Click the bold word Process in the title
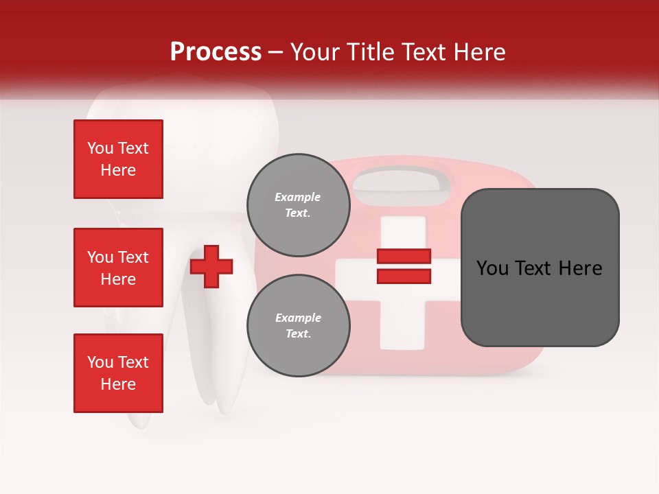click(216, 52)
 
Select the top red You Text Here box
click(118, 159)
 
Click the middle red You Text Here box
click(118, 268)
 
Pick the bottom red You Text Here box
click(118, 373)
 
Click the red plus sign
click(211, 266)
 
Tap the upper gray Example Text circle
click(298, 204)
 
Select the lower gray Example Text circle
click(298, 325)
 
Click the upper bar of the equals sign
click(404, 257)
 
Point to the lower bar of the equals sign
click(404, 276)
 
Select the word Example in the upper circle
click(298, 197)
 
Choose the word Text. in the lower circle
click(298, 333)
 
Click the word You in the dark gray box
click(492, 268)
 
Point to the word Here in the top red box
click(118, 170)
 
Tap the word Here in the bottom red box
click(118, 384)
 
